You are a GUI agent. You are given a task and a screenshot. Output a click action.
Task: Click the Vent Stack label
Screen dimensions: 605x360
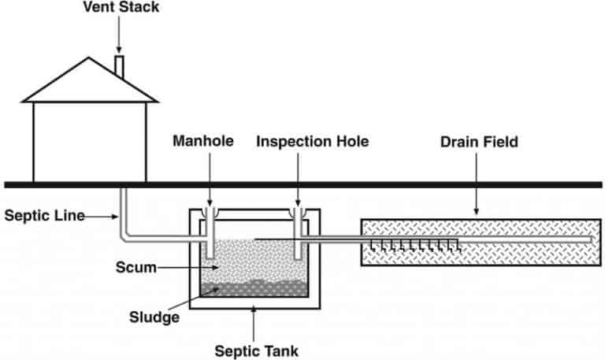point(121,7)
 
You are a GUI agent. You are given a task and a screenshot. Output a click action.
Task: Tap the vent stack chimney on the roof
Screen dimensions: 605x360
point(120,66)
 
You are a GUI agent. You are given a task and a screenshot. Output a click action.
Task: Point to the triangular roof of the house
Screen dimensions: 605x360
point(90,80)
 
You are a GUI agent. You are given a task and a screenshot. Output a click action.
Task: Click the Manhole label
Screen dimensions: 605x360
point(203,141)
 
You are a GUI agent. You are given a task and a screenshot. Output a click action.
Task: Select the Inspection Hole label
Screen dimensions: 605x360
point(313,142)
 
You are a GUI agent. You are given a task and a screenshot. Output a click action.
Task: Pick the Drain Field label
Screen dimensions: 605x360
point(479,142)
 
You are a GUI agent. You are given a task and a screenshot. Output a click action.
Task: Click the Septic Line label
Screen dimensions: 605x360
point(45,215)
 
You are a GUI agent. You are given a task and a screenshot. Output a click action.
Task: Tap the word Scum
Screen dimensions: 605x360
point(136,267)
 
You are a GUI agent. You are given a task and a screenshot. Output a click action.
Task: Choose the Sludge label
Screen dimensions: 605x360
point(154,317)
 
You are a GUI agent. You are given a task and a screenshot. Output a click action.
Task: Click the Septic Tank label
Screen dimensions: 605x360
point(257,351)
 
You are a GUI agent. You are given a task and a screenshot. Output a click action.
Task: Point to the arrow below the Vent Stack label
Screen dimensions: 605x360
point(119,34)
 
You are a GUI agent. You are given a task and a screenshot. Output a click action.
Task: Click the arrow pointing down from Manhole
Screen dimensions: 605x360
point(210,179)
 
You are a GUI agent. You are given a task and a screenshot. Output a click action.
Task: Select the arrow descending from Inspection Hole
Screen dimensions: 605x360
point(298,179)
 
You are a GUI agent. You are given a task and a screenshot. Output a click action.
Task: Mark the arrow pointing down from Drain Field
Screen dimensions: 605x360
point(476,184)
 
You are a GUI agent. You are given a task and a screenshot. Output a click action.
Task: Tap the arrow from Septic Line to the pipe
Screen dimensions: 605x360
point(102,217)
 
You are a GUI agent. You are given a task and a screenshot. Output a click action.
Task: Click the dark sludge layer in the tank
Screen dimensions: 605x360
point(254,289)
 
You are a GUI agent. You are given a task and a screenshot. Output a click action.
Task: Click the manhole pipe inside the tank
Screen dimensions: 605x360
point(210,232)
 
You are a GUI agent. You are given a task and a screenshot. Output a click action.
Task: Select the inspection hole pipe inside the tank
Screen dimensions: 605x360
point(298,233)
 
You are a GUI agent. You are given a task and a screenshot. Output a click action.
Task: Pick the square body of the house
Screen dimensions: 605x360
point(90,142)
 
